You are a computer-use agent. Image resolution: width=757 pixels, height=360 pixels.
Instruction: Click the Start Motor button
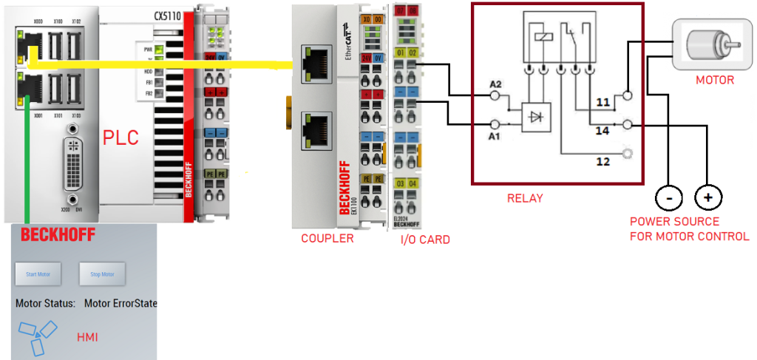[38, 274]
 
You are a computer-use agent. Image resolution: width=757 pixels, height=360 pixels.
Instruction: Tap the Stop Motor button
[102, 274]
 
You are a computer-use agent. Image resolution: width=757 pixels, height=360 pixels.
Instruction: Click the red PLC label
[120, 137]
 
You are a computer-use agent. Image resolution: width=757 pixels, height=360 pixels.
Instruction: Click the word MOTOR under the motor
[715, 79]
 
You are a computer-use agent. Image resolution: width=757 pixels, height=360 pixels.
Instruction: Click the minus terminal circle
[669, 197]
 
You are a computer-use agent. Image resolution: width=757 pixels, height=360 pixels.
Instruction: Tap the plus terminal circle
[708, 197]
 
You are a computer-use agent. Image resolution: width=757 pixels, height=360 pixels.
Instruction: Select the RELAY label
[525, 198]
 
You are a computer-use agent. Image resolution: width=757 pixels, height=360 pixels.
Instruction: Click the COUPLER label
[327, 238]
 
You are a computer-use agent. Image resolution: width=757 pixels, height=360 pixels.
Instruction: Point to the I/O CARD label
[425, 240]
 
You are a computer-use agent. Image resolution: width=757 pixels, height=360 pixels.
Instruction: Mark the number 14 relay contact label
[604, 130]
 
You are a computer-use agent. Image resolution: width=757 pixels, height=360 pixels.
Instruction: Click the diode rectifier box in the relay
[538, 117]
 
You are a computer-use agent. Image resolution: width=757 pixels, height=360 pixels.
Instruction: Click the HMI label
[88, 337]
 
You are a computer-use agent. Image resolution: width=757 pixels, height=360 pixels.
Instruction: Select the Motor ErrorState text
[120, 303]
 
